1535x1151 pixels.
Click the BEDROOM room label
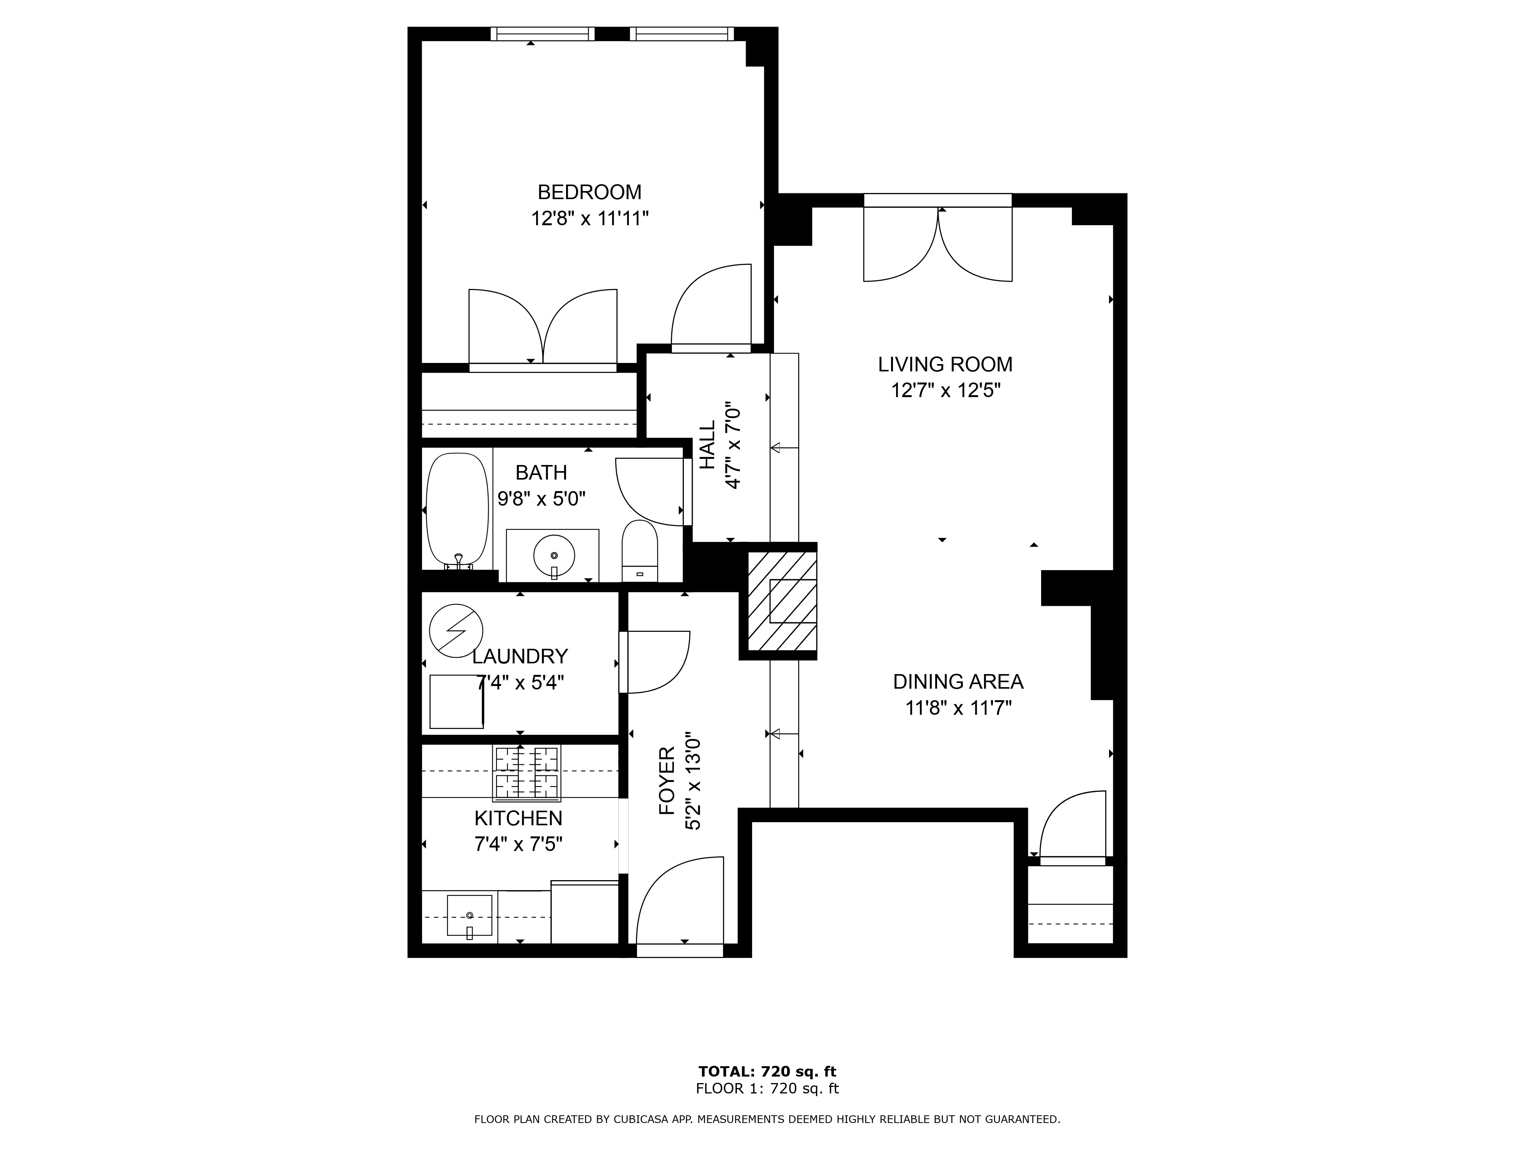[x=589, y=192]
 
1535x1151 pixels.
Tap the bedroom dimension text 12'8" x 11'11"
[x=589, y=219]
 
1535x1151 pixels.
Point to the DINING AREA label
[x=957, y=682]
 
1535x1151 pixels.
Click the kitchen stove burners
[x=527, y=773]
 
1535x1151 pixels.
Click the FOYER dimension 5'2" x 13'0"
[x=693, y=780]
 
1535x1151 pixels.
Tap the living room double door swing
[x=938, y=246]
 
